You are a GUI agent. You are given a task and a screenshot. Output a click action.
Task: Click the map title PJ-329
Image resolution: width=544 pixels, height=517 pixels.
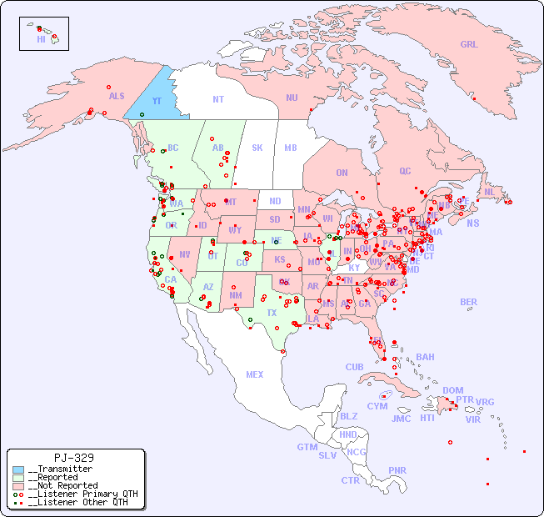pyautogui.click(x=73, y=458)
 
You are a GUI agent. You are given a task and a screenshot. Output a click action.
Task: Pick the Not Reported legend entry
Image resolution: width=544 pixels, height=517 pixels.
pyautogui.click(x=62, y=485)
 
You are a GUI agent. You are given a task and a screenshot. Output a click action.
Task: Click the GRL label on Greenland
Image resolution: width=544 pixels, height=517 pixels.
pyautogui.click(x=469, y=45)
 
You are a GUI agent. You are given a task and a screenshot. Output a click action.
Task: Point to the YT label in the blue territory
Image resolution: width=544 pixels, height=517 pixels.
pyautogui.click(x=157, y=101)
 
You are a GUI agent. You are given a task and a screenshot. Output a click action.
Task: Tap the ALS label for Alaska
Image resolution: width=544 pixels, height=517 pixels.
pyautogui.click(x=117, y=96)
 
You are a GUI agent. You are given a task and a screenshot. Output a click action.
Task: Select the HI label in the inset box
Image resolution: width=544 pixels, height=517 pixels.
pyautogui.click(x=41, y=38)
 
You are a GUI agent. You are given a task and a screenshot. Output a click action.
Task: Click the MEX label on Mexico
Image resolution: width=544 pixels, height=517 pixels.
pyautogui.click(x=254, y=374)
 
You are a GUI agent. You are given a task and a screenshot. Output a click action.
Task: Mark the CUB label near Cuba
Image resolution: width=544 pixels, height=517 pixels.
pyautogui.click(x=354, y=367)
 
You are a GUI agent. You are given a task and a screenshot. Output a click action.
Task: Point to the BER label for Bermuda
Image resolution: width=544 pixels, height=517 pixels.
pyautogui.click(x=468, y=302)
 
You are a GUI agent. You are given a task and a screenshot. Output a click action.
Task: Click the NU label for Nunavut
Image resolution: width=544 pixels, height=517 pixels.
pyautogui.click(x=292, y=98)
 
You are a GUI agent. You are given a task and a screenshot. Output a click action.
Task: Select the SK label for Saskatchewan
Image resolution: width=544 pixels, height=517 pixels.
pyautogui.click(x=257, y=148)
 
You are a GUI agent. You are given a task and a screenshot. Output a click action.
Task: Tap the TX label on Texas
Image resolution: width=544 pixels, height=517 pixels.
pyautogui.click(x=272, y=313)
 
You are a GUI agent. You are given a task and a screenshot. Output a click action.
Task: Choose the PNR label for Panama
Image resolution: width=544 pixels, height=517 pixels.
pyautogui.click(x=397, y=470)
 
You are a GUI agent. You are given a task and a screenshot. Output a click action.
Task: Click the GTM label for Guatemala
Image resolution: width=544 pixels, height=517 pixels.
pyautogui.click(x=307, y=447)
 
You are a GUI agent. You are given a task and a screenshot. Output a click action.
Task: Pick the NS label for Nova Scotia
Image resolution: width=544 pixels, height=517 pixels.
pyautogui.click(x=472, y=223)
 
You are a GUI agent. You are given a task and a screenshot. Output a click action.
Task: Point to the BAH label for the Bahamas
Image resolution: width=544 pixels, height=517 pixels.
pyautogui.click(x=425, y=357)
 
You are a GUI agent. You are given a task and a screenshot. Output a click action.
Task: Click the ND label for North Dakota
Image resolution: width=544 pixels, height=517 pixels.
pyautogui.click(x=275, y=201)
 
